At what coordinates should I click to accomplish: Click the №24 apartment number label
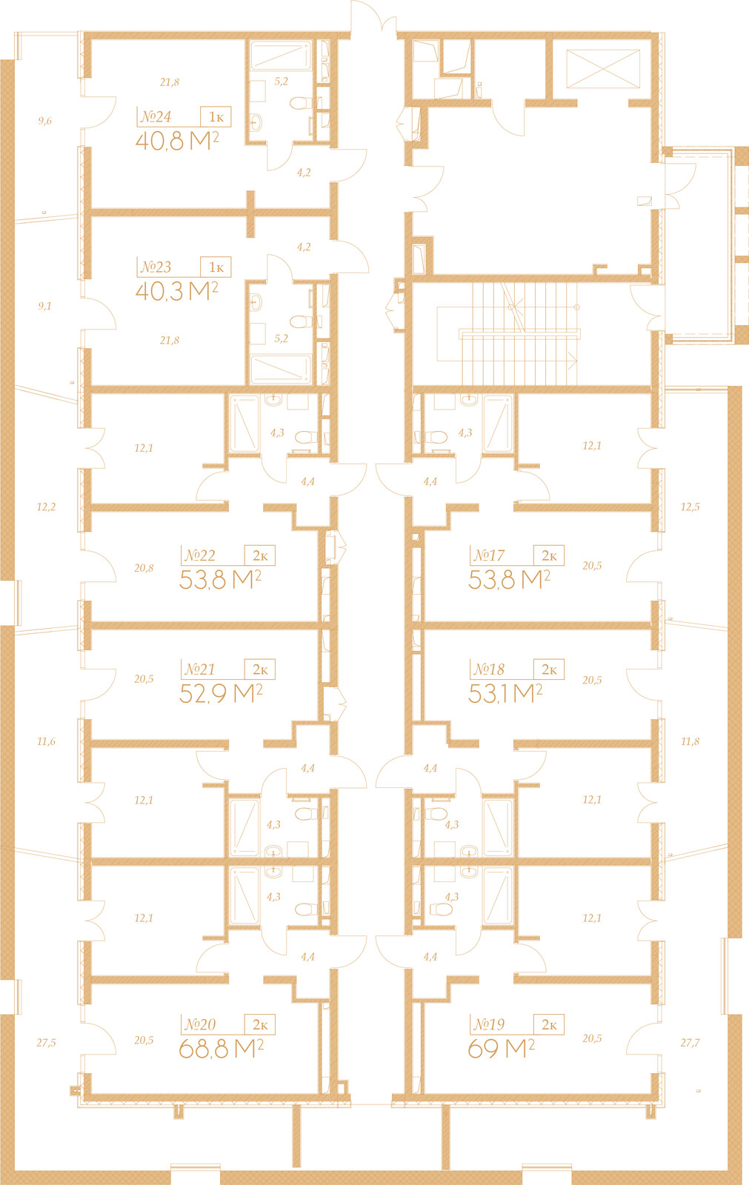[156, 117]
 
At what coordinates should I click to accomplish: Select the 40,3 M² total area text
[177, 291]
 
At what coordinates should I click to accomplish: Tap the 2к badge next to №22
[260, 555]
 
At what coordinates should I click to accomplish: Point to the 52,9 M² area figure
[221, 693]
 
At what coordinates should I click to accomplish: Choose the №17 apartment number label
[488, 555]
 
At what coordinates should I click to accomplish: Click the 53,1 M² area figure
[505, 693]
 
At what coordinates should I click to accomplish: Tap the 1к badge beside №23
[216, 267]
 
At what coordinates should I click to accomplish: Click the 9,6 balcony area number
[45, 121]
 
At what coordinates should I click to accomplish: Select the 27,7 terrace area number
[690, 1043]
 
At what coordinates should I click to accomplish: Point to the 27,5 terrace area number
[46, 1043]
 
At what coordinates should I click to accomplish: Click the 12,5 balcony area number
[690, 507]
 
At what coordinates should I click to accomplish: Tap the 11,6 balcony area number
[46, 741]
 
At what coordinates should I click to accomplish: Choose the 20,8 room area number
[144, 568]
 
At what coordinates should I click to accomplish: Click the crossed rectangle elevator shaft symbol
[603, 69]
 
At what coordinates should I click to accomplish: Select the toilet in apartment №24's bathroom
[302, 103]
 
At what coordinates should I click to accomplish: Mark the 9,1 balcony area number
[45, 306]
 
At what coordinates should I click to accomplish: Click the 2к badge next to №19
[549, 1025]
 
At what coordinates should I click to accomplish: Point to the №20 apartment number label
[199, 1025]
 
